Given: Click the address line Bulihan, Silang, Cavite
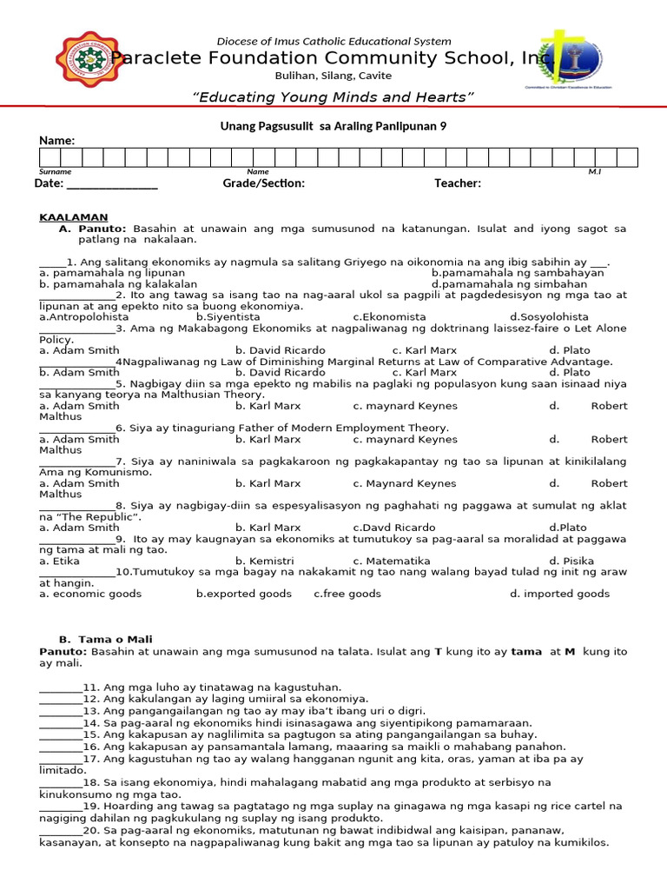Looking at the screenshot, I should [x=333, y=76].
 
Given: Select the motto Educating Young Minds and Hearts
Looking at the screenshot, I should [x=333, y=96].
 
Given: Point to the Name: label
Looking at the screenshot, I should [x=56, y=141].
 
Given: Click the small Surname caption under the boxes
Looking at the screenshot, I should [x=55, y=172].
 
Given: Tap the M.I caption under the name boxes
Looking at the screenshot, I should [x=594, y=172].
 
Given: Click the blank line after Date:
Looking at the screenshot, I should [x=112, y=183].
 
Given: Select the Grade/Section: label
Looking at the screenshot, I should [x=264, y=183].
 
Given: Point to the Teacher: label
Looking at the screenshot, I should [x=458, y=183].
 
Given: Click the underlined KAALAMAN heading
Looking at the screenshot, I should [x=74, y=217].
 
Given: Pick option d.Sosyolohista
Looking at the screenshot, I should [x=549, y=317].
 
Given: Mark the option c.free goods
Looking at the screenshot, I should [x=347, y=594].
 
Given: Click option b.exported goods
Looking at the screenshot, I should [x=244, y=594].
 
